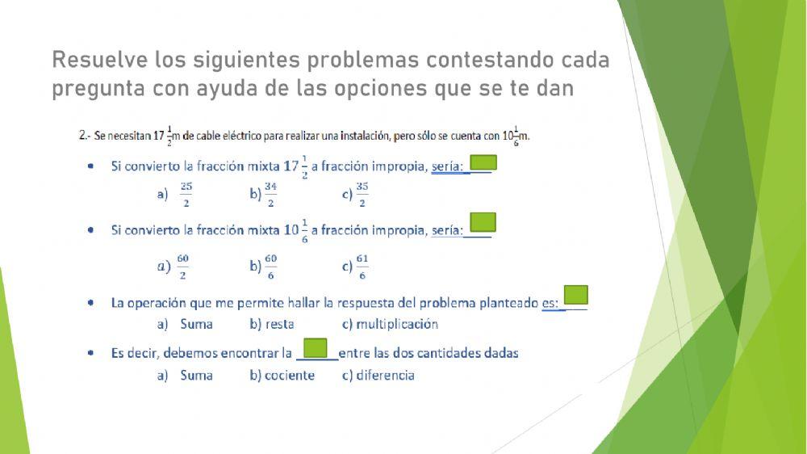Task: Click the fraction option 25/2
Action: pyautogui.click(x=186, y=194)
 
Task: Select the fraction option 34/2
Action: pyautogui.click(x=270, y=194)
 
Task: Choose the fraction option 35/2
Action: pyautogui.click(x=362, y=194)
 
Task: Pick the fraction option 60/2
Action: pyautogui.click(x=182, y=265)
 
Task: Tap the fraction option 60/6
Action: pyautogui.click(x=270, y=265)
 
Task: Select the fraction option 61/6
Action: pyautogui.click(x=362, y=265)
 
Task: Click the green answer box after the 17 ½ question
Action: pyautogui.click(x=483, y=162)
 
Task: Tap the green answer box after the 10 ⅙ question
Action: pyautogui.click(x=483, y=222)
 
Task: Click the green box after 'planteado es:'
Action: pyautogui.click(x=575, y=295)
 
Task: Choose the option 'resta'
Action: pyautogui.click(x=278, y=324)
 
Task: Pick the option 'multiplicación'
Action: pyautogui.click(x=396, y=324)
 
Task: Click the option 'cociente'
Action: pyautogui.click(x=288, y=375)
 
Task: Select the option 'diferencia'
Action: pyautogui.click(x=384, y=375)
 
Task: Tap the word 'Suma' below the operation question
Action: pyautogui.click(x=196, y=324)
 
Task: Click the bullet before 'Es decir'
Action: pyautogui.click(x=91, y=353)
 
